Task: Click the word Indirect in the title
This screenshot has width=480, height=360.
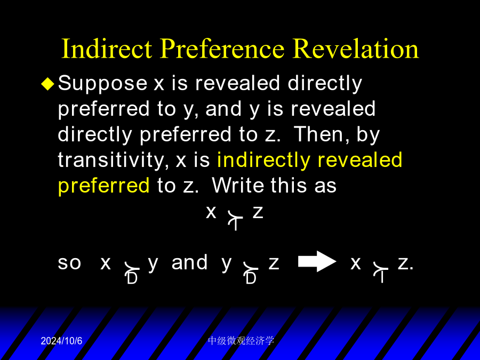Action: point(107,49)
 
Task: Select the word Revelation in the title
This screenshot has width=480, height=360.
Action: point(355,49)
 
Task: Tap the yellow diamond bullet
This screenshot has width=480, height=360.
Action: point(48,84)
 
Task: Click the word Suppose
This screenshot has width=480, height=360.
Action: point(102,84)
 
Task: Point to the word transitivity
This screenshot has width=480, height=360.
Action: point(113,160)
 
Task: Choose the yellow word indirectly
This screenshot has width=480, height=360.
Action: point(263,161)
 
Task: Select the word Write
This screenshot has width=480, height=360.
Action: point(237,185)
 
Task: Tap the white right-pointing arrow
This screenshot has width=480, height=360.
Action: point(317,261)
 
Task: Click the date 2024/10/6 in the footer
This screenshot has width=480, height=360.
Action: point(61,341)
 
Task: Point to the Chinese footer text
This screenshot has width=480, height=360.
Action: point(241,341)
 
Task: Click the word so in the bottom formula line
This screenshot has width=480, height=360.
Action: point(69,263)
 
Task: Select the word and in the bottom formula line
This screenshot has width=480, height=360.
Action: point(189,262)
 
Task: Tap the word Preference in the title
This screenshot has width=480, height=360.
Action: point(222,49)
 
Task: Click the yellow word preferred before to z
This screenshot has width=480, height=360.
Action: point(104,186)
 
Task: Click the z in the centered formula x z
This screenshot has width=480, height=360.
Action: point(258,212)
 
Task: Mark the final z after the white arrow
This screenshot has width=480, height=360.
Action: point(403,263)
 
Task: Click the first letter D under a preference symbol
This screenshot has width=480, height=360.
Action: point(132,278)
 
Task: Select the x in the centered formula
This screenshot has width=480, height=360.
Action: point(211,212)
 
